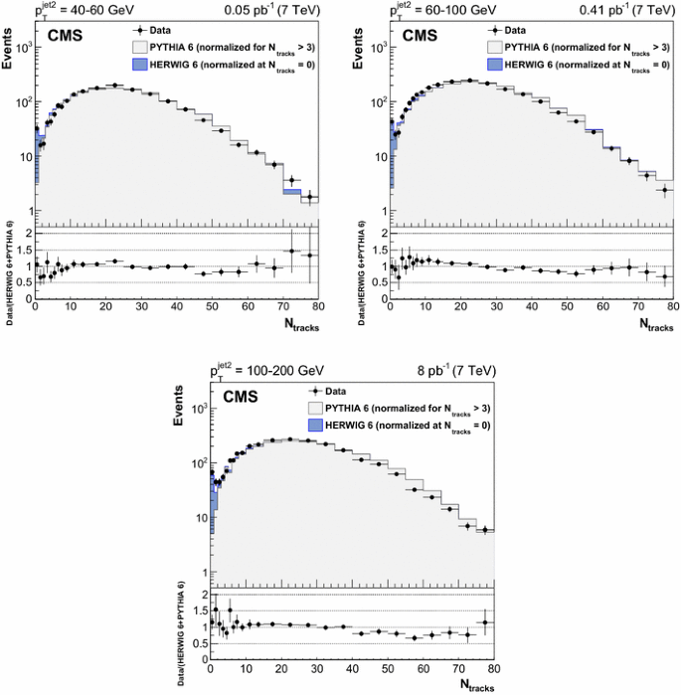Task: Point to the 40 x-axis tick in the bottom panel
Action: [x=352, y=667]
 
